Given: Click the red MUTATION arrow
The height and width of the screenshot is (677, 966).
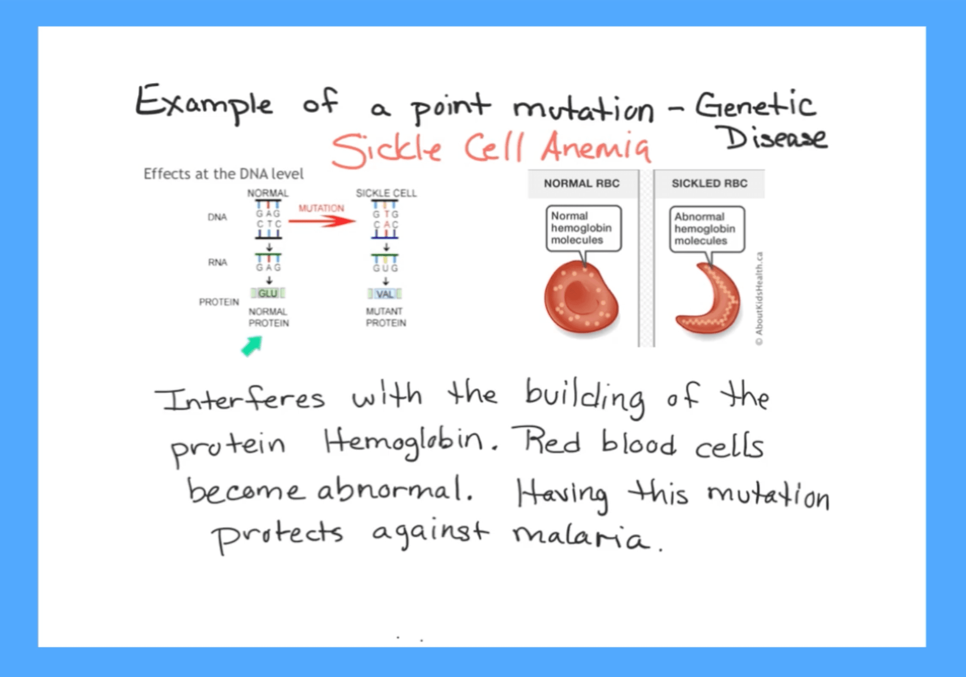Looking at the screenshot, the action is pos(322,221).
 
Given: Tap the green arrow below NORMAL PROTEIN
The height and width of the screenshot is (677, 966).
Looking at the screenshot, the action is pos(252,346).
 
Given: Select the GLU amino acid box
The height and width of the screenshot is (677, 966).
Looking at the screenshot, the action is pos(268,293).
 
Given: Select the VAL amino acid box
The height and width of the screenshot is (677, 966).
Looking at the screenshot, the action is pos(385,294).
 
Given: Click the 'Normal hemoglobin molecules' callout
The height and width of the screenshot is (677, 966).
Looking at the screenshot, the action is pos(584,229).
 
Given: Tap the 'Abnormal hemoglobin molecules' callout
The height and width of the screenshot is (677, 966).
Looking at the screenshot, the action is pos(707,229).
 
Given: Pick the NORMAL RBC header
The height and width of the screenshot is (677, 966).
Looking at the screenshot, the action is pos(582,183).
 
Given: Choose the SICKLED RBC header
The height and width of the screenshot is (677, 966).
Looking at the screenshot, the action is pos(709,183).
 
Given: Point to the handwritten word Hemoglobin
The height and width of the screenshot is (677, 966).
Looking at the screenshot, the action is pos(404,443).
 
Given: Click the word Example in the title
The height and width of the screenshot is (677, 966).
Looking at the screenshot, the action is pos(204,104).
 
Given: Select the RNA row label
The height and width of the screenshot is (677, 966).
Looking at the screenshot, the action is pos(217,262).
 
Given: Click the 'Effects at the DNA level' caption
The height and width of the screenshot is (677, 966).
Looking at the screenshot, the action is pos(224,174).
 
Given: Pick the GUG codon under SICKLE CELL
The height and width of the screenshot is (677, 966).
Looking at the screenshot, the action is pos(385,268).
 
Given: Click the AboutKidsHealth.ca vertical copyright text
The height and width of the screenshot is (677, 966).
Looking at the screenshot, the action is pos(759,299).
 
